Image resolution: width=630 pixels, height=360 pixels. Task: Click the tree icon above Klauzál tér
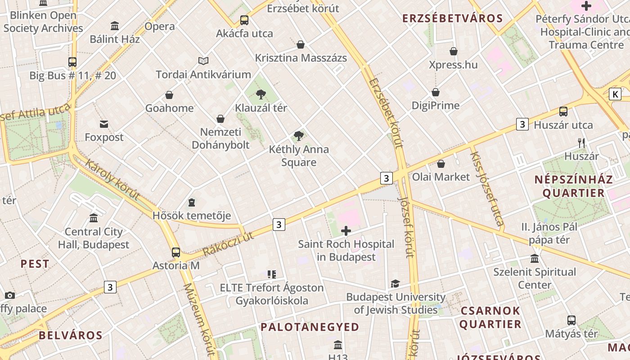click(x=261, y=94)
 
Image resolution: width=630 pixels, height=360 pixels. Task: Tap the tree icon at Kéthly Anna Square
click(x=298, y=136)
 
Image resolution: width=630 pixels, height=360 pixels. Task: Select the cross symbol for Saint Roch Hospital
click(x=346, y=231)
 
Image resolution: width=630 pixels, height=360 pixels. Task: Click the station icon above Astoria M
click(x=176, y=252)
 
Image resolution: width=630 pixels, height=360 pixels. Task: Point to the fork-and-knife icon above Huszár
click(x=581, y=143)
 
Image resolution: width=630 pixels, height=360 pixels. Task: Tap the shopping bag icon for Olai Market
click(x=441, y=164)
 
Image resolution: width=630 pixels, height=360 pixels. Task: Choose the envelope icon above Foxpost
click(x=104, y=124)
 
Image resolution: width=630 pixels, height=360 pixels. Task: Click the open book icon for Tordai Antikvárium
click(x=203, y=61)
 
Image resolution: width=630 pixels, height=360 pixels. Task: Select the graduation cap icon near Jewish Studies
click(x=395, y=283)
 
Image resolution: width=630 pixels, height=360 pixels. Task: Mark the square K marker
click(x=615, y=94)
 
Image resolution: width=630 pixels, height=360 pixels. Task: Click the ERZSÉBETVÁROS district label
click(x=452, y=18)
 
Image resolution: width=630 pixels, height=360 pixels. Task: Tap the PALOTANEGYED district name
click(x=310, y=327)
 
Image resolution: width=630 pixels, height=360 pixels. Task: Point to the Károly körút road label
click(x=112, y=180)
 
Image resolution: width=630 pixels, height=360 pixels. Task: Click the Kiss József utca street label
click(x=486, y=188)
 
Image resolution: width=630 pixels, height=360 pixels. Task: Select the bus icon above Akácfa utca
click(x=244, y=20)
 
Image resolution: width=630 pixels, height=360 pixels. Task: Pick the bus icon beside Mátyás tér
click(x=571, y=320)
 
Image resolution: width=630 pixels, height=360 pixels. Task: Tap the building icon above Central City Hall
click(x=94, y=218)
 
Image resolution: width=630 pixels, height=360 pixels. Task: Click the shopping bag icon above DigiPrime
click(x=436, y=93)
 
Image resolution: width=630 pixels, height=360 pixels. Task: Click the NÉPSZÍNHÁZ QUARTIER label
click(x=573, y=186)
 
